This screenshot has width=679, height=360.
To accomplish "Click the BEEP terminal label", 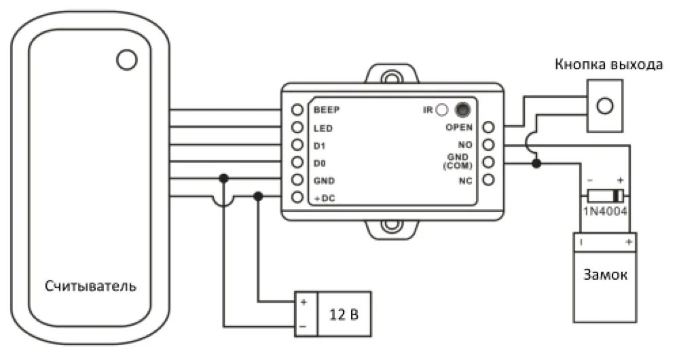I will pos(326,109).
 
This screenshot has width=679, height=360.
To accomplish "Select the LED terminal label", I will pos(322,128).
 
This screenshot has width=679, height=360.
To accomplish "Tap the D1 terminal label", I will pos(319,145).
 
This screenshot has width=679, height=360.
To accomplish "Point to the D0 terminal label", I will pos(320,163).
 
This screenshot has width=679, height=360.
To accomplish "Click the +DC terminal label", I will pos(323,199).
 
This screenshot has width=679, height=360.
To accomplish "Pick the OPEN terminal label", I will pos(459,127).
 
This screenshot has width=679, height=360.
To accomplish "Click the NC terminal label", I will pos(465,180).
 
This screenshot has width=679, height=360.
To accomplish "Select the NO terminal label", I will pos(466,145).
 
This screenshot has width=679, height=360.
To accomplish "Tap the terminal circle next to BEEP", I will pos(297,109).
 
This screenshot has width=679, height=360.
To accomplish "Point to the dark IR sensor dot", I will pos(462,109).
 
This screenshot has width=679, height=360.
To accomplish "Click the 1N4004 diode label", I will pos(604,211).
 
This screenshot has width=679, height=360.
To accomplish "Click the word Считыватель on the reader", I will pos(90,285).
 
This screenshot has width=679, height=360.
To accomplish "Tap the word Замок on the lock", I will pos(604,276).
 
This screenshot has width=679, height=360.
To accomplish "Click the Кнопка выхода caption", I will pos(608,65).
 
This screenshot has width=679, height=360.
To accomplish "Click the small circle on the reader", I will pos(127,60).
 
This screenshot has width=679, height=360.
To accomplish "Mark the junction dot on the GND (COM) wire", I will pos(537,163).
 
